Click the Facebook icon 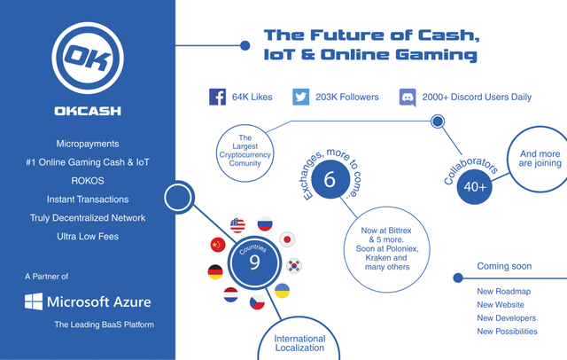point(217,97)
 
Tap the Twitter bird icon point(301,97)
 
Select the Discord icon point(408,97)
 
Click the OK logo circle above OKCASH point(88,58)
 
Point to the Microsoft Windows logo point(34,301)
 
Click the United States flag point(237,225)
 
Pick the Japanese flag point(287,239)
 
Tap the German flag point(215,272)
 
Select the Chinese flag point(218,245)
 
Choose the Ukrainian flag point(282,291)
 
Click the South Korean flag point(294,266)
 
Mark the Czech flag point(257,302)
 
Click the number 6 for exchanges point(330,179)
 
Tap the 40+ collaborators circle point(475,187)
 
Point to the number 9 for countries point(254,262)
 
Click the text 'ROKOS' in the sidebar point(88,181)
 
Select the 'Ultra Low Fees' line point(88,236)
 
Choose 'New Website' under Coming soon point(501,305)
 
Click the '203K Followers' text point(347,97)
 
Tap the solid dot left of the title point(245,45)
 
